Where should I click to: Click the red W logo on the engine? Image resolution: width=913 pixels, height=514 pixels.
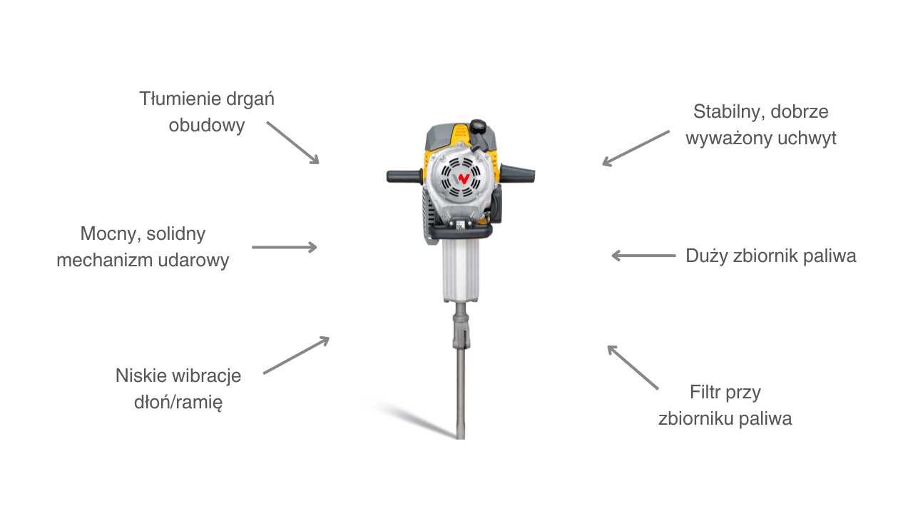coord(461,178)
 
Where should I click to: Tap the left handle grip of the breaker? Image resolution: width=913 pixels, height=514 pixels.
coord(404,176)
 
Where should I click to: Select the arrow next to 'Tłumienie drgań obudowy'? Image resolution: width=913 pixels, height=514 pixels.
coord(292,143)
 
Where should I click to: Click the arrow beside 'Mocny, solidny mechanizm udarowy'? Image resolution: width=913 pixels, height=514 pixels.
coord(284,247)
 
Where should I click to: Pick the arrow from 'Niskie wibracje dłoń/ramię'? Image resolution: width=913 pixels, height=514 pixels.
coord(296,355)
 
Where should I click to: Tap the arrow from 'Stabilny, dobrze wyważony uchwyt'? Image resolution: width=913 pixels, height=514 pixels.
coord(636,148)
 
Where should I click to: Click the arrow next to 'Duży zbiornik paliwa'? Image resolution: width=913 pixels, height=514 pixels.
coord(643,256)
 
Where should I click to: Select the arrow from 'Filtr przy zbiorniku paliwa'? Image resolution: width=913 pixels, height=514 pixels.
coord(633,367)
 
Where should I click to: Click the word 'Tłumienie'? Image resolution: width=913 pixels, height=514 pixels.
coord(180,99)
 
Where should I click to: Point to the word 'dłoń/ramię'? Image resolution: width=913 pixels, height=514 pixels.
coord(178,402)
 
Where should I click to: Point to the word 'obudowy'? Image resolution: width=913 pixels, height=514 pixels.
coord(207,125)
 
